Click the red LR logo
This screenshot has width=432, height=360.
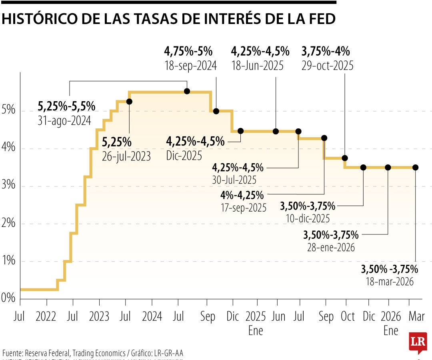[x=418, y=342]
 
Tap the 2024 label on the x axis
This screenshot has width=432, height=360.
[x=152, y=317]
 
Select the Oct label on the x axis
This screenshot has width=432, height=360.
[x=348, y=317]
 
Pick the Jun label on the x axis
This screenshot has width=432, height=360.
[x=278, y=317]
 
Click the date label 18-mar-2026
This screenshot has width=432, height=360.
[x=389, y=282]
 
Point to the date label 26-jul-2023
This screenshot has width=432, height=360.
[x=126, y=156]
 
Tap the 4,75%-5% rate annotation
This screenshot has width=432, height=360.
[x=188, y=51]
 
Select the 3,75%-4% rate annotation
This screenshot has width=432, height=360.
[x=326, y=51]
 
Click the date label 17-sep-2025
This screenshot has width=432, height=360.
[x=243, y=208]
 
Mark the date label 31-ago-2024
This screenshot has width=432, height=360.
[x=64, y=120]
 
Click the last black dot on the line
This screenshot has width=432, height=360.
[x=415, y=167]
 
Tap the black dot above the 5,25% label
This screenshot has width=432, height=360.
[x=129, y=102]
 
